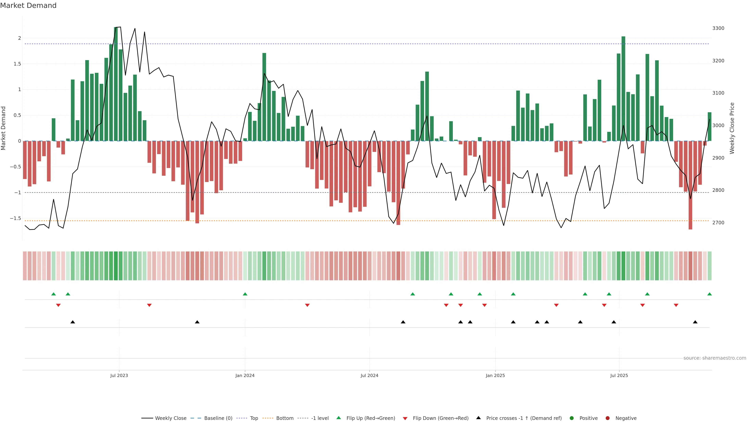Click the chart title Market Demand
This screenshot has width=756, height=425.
[28, 6]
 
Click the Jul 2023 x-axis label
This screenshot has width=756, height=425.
[119, 375]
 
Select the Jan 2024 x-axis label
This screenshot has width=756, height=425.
[245, 375]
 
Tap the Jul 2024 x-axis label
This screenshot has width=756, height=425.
[369, 375]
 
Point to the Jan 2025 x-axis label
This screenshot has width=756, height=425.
[495, 375]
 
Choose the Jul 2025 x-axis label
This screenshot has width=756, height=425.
[619, 375]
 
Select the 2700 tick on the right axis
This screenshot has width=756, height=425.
[718, 223]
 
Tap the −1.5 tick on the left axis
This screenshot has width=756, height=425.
[15, 218]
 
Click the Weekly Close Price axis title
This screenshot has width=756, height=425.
[732, 128]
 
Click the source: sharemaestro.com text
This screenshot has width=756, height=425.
[715, 358]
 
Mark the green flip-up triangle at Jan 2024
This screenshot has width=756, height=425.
[245, 294]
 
